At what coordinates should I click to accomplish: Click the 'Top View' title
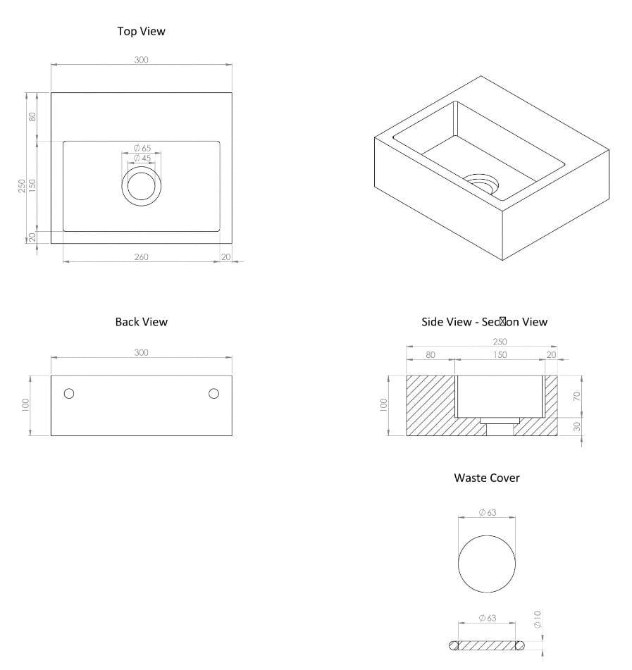click(x=141, y=31)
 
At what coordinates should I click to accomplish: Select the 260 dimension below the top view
click(x=141, y=257)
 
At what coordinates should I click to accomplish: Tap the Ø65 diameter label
click(x=142, y=149)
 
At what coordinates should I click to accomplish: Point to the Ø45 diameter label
click(x=142, y=159)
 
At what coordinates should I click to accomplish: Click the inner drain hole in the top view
click(x=142, y=187)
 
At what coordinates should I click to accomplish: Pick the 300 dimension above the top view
click(x=141, y=60)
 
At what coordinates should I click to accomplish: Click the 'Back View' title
click(x=141, y=322)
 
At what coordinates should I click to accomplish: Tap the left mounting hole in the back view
click(x=69, y=393)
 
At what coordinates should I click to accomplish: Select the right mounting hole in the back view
click(x=213, y=393)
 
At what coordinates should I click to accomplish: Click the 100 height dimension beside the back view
click(x=26, y=405)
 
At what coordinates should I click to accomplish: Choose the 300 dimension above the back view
click(x=141, y=352)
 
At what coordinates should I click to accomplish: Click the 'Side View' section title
click(x=484, y=322)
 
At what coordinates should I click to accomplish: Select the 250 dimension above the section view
click(x=500, y=342)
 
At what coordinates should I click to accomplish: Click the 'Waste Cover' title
click(x=486, y=478)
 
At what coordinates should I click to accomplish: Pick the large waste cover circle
click(x=486, y=564)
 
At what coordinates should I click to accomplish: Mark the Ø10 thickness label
click(x=537, y=619)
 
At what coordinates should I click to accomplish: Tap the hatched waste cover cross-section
click(x=486, y=645)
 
